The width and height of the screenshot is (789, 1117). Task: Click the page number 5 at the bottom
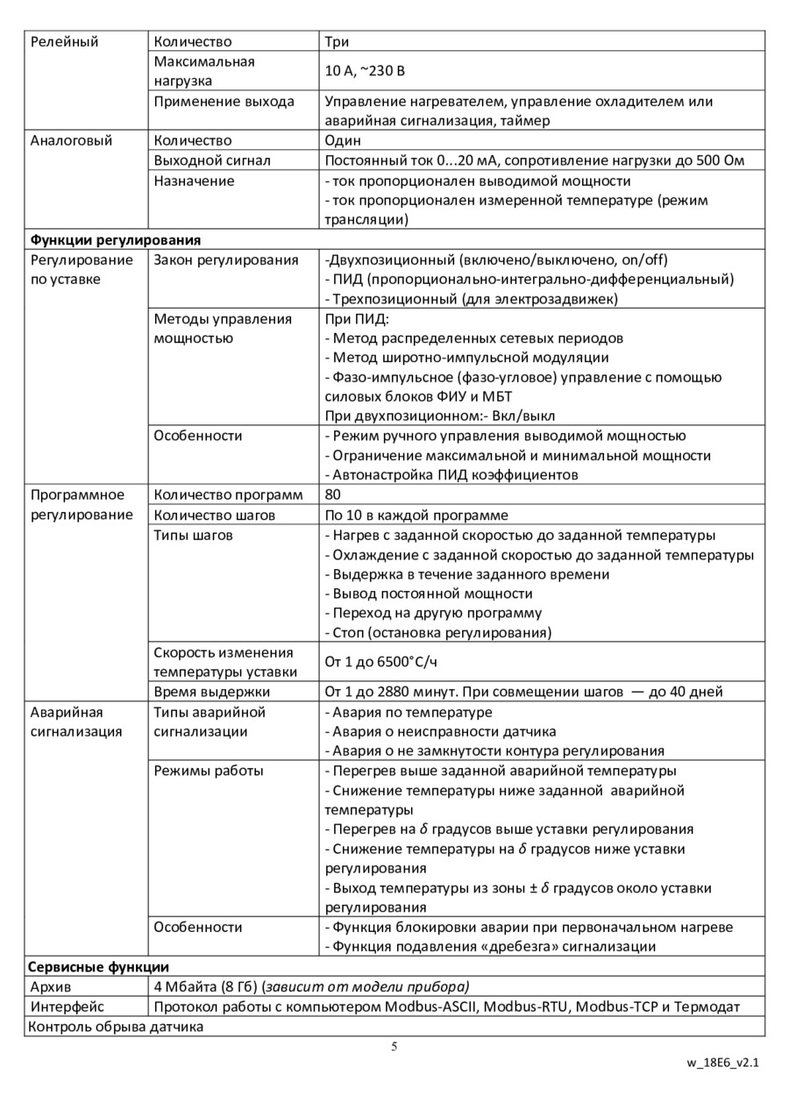[x=394, y=1046]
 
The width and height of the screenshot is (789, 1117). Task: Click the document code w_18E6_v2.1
[x=722, y=1064]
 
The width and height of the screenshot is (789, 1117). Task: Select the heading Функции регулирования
[x=116, y=239]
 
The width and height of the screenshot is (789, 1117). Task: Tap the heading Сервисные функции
[x=98, y=967]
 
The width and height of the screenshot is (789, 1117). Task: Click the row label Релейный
[x=64, y=41]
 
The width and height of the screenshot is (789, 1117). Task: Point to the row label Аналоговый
[x=71, y=140]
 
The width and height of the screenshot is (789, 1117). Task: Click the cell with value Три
[x=337, y=41]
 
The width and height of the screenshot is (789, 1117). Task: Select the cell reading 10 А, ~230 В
[x=365, y=71]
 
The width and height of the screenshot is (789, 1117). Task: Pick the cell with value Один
[x=343, y=140]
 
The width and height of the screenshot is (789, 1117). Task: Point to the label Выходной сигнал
[x=212, y=160]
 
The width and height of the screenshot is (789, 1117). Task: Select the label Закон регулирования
[x=225, y=260]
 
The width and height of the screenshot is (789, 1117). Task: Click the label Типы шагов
[x=193, y=535]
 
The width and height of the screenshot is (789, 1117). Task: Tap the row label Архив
[x=51, y=986]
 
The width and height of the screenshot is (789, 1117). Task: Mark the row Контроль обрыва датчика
[x=116, y=1026]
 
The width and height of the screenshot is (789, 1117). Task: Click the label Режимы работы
[x=209, y=771]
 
